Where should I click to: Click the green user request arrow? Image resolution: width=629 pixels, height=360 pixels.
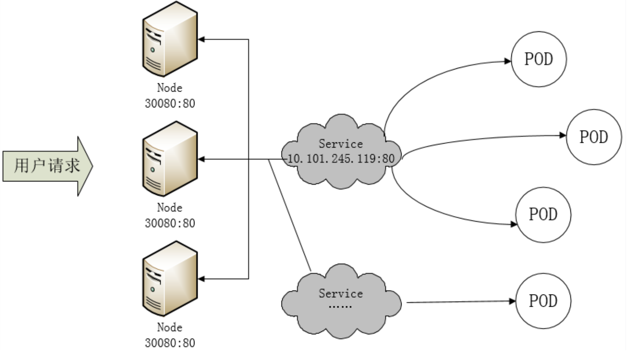pos(48,166)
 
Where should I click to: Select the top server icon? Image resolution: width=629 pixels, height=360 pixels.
pos(170,39)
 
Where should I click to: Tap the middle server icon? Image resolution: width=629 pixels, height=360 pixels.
pos(170,159)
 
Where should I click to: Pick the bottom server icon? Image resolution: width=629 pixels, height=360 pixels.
pos(170,279)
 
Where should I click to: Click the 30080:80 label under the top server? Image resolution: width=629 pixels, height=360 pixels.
pos(170,104)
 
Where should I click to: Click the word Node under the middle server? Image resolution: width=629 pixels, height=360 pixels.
pos(170,208)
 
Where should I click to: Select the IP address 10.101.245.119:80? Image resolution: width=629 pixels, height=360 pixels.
pos(341,159)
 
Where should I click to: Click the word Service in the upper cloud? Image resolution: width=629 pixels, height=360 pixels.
pos(341,144)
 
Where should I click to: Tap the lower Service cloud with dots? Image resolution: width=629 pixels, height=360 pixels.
pos(341,301)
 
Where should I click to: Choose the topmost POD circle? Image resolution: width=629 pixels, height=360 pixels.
pos(539,59)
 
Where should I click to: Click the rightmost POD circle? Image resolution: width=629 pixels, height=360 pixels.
pos(594,137)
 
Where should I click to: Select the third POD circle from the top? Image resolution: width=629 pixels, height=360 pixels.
pos(543,215)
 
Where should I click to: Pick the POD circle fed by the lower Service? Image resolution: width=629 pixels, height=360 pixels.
pos(543,301)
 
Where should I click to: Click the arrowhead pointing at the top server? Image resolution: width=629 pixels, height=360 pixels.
pos(201,39)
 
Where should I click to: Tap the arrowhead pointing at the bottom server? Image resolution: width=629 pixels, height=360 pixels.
pos(201,279)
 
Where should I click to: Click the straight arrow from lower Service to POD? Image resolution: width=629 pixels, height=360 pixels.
pos(461,302)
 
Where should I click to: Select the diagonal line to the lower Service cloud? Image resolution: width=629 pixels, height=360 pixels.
pos(290,215)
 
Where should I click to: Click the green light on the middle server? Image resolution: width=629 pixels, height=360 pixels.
pos(153,170)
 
